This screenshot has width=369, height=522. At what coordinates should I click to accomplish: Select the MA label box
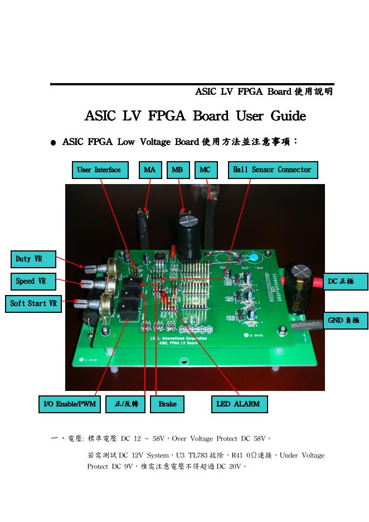(150, 170)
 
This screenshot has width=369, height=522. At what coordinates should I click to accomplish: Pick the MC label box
(205, 170)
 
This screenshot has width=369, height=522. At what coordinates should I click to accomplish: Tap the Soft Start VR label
(34, 304)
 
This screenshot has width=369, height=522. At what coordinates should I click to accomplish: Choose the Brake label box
(167, 404)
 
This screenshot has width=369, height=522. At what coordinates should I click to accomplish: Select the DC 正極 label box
(346, 282)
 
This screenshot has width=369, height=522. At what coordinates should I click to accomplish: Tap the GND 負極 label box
(346, 321)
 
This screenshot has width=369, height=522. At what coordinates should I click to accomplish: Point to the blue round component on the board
(254, 258)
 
